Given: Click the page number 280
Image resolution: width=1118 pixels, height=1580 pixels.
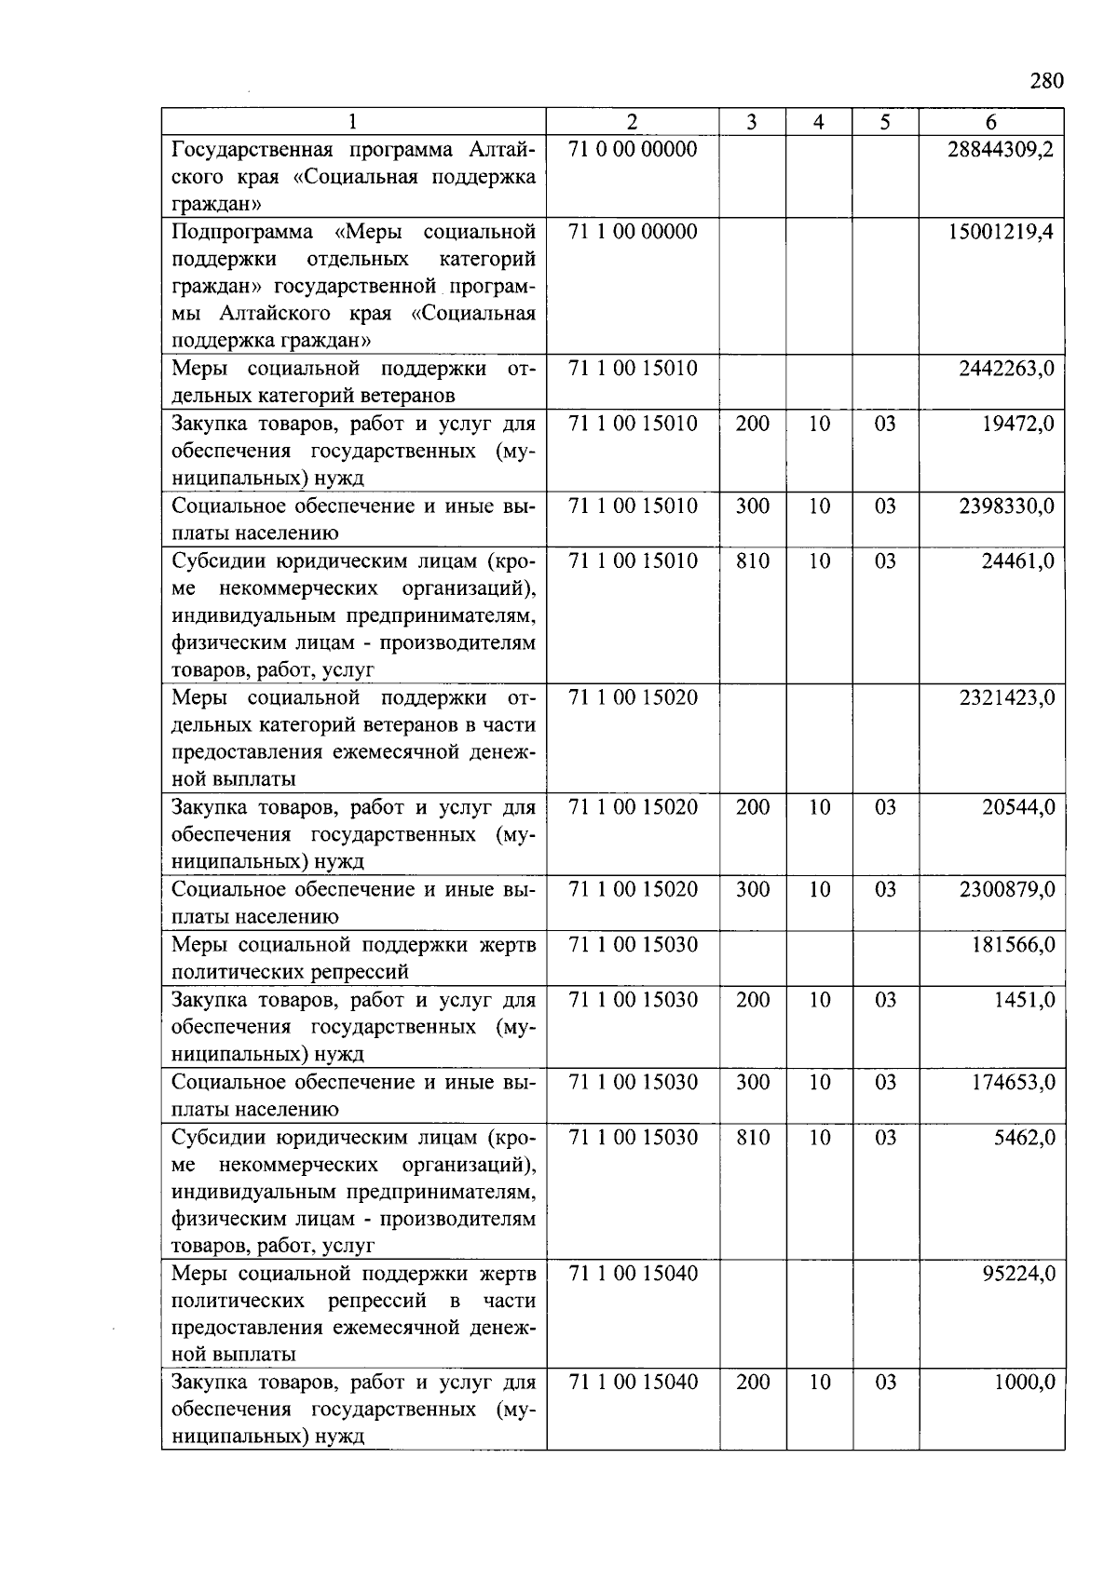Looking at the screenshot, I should [1046, 81].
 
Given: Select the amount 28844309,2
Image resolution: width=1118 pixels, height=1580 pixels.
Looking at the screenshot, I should [1001, 150].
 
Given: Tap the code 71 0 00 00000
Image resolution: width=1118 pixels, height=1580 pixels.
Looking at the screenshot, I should [633, 150].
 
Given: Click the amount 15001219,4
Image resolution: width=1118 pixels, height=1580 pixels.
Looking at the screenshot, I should [1001, 232].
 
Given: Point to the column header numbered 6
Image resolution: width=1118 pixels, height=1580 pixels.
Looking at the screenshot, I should [990, 122].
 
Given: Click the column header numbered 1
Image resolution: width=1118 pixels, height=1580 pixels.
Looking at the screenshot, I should [353, 122].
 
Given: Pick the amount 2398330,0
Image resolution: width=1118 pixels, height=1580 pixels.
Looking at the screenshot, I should [1007, 506].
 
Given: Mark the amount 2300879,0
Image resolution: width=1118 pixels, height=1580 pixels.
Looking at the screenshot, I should [1007, 890].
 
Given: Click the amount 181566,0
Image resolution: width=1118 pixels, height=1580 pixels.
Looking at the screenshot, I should [1013, 945].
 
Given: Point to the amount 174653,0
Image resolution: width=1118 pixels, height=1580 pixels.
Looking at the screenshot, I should [1013, 1082].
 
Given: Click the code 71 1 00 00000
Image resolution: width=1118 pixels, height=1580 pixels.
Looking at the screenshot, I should [633, 232].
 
